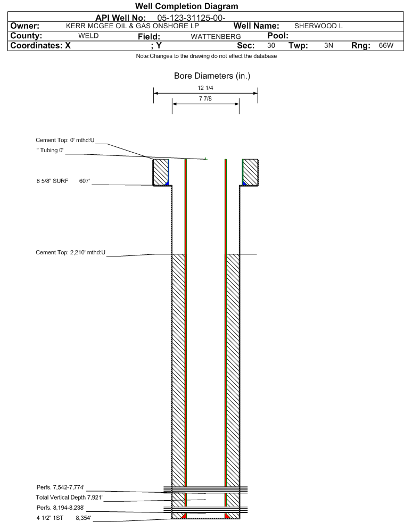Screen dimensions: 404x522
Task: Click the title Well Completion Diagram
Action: (186, 6)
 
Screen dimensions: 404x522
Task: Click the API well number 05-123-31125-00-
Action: (191, 18)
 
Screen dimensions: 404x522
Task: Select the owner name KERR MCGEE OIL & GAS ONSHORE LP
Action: (132, 26)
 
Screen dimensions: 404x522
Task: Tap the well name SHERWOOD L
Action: (318, 26)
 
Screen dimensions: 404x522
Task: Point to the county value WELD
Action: (88, 36)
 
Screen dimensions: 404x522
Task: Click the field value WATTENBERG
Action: (216, 36)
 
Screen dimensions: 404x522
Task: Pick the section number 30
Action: (271, 45)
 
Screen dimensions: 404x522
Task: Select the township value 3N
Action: (328, 45)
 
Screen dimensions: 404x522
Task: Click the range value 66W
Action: (386, 45)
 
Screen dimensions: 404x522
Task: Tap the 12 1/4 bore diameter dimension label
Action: (205, 88)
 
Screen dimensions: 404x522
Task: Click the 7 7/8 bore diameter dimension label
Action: (205, 98)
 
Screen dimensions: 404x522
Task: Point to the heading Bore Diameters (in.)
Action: (212, 76)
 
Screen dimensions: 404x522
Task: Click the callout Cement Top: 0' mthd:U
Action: (65, 140)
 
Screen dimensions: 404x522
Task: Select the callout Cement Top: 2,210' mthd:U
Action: (71, 252)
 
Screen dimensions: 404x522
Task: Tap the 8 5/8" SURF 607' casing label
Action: (63, 181)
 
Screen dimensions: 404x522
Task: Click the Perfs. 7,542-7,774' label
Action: (61, 487)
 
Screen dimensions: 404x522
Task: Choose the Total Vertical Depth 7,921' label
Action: (69, 498)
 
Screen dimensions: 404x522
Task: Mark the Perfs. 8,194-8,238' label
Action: (61, 508)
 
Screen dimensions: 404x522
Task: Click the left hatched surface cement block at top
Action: (161, 172)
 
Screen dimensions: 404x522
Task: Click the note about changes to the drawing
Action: (206, 56)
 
